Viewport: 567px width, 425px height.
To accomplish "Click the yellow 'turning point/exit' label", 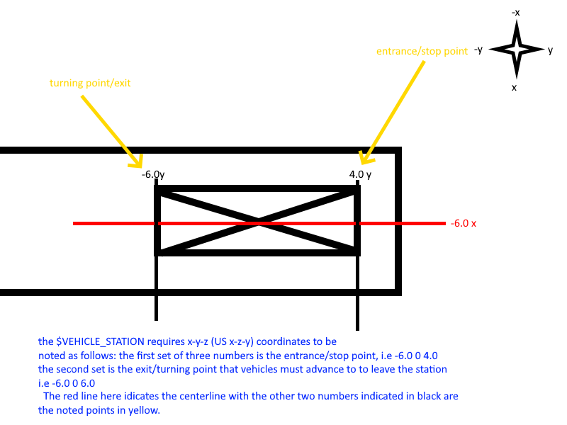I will pos(90,83).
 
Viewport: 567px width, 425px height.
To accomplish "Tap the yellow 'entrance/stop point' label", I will pos(421,52).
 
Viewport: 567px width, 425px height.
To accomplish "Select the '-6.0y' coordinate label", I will pos(152,175).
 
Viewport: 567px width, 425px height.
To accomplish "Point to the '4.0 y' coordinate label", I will pos(361,175).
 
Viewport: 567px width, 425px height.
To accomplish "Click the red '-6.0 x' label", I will pos(464,224).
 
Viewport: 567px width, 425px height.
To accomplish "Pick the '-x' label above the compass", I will pos(516,13).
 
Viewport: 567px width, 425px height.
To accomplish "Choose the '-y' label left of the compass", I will pos(478,50).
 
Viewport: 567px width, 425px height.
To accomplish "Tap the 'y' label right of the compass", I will pos(551,50).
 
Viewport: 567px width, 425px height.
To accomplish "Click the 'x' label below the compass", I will pos(515,87).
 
